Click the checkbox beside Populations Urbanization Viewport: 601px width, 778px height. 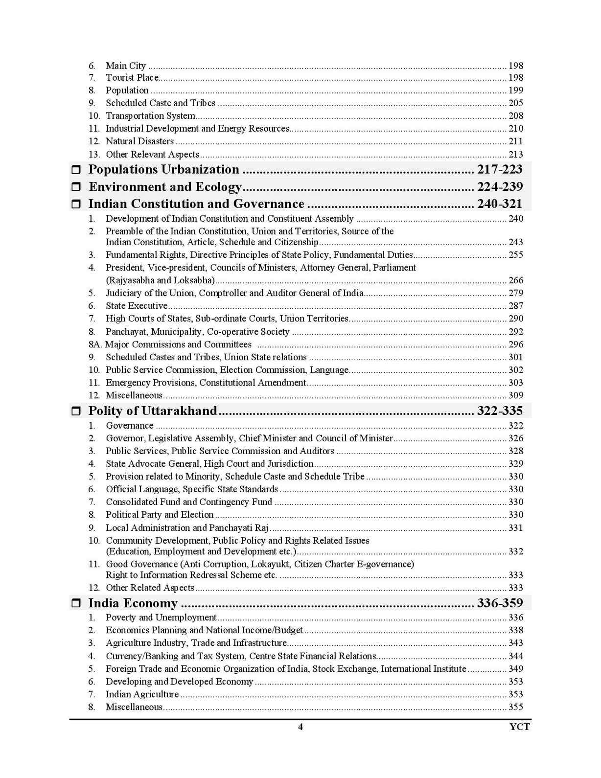(x=76, y=170)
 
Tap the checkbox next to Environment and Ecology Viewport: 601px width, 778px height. (x=76, y=187)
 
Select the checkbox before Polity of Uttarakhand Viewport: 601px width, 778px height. (x=76, y=411)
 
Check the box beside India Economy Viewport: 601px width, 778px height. (x=76, y=603)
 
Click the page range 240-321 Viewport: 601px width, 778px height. (x=500, y=204)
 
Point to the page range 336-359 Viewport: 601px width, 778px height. (x=500, y=603)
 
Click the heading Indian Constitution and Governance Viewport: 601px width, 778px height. (x=196, y=204)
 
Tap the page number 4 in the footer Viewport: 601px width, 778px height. (x=300, y=727)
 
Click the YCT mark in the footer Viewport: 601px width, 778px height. (x=519, y=727)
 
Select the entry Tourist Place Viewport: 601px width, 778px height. (x=132, y=78)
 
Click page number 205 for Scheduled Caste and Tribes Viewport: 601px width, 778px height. (x=516, y=103)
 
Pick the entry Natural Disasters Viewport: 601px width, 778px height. (x=139, y=141)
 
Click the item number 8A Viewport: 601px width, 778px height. (x=95, y=344)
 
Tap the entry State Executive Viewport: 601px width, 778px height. (x=137, y=306)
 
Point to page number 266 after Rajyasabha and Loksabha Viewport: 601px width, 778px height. (x=516, y=280)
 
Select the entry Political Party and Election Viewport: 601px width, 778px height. (x=160, y=515)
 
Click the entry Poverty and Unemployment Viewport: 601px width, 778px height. (x=161, y=618)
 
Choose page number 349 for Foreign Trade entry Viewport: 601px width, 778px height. (x=516, y=669)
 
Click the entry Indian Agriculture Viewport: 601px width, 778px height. (x=142, y=694)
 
